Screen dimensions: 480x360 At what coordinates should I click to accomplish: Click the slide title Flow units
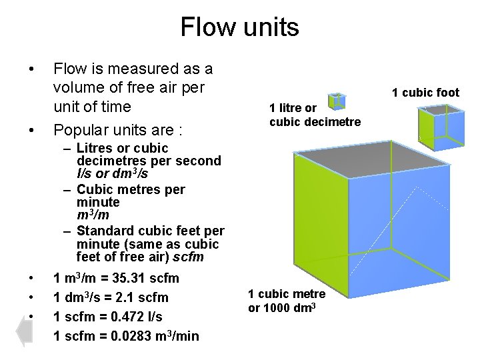pyautogui.click(x=239, y=27)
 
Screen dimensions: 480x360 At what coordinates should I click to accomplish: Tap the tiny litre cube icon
pyautogui.click(x=338, y=100)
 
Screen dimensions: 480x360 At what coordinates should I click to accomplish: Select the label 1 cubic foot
pyautogui.click(x=425, y=93)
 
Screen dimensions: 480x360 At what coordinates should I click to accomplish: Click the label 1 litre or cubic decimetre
pyautogui.click(x=315, y=115)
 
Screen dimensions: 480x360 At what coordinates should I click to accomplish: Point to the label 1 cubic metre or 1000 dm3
pyautogui.click(x=287, y=300)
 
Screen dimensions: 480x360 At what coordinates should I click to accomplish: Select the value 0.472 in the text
pyautogui.click(x=117, y=317)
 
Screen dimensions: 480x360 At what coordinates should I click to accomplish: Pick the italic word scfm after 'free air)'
pyautogui.click(x=189, y=257)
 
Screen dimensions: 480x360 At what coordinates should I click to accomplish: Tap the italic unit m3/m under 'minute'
pyautogui.click(x=93, y=215)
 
